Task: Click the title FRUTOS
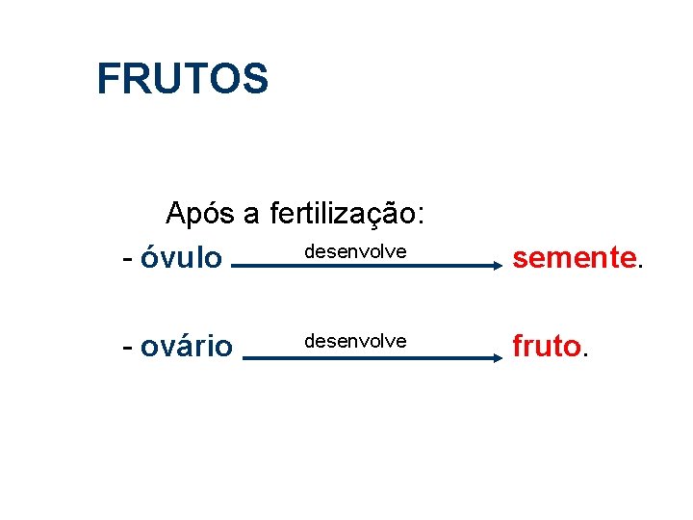pyautogui.click(x=182, y=79)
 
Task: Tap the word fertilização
pyautogui.click(x=344, y=213)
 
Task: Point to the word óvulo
pyautogui.click(x=181, y=258)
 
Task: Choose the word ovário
pyautogui.click(x=186, y=346)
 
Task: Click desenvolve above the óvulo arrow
pyautogui.click(x=355, y=251)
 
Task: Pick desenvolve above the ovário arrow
pyautogui.click(x=355, y=341)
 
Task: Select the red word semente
pyautogui.click(x=574, y=257)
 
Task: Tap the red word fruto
pyautogui.click(x=546, y=345)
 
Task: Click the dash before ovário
pyautogui.click(x=127, y=347)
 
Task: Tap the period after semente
pyautogui.click(x=639, y=267)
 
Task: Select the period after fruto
pyautogui.click(x=585, y=354)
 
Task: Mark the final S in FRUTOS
pyautogui.click(x=256, y=79)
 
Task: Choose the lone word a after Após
pyautogui.click(x=251, y=215)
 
